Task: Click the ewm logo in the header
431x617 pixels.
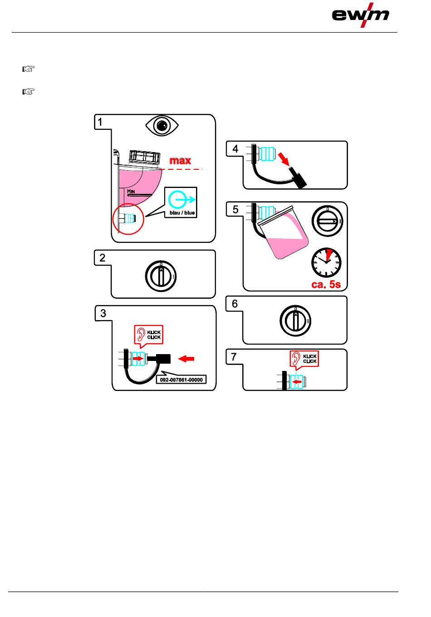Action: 361,15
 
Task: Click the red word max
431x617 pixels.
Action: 180,160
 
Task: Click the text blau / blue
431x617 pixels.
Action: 181,212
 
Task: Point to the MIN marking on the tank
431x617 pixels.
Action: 131,192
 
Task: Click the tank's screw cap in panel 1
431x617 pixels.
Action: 145,156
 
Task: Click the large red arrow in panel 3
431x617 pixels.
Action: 186,359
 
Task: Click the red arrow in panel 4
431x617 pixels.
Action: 285,160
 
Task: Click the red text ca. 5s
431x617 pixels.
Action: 326,285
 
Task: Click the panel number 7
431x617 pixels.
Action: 234,357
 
